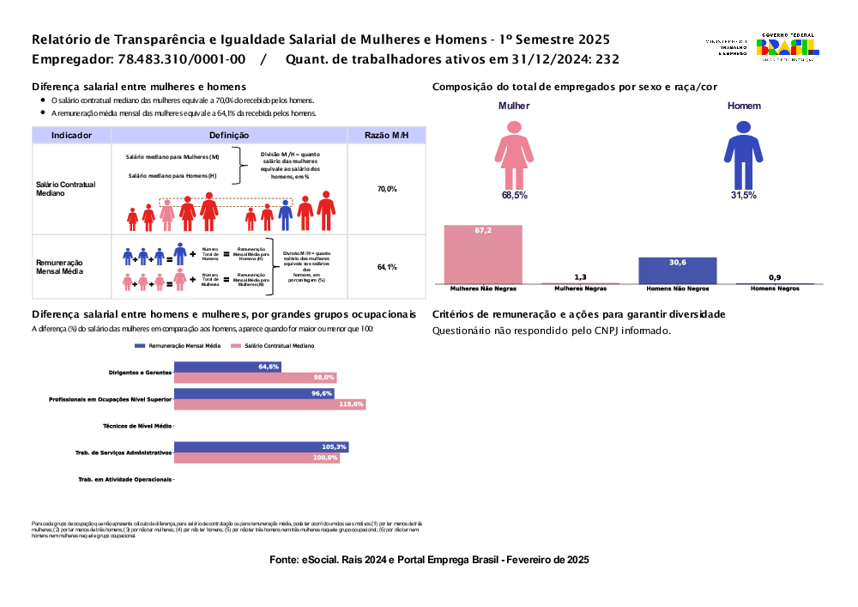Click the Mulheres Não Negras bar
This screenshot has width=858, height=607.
pos(483,254)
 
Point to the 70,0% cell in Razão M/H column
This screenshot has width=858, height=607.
pos(387,189)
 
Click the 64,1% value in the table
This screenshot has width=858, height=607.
pos(387,268)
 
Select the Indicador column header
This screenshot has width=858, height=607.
pos(71,136)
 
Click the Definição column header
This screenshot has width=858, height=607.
pos(229,136)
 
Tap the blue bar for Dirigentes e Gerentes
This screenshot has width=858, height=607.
pos(227,367)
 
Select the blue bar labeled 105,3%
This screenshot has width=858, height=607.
pos(261,447)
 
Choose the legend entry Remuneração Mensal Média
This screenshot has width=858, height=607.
pos(178,345)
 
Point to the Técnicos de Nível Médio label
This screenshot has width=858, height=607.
pos(137,426)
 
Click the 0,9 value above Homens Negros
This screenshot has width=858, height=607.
pos(775,277)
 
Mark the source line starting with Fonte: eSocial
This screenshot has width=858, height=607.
pos(429,560)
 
